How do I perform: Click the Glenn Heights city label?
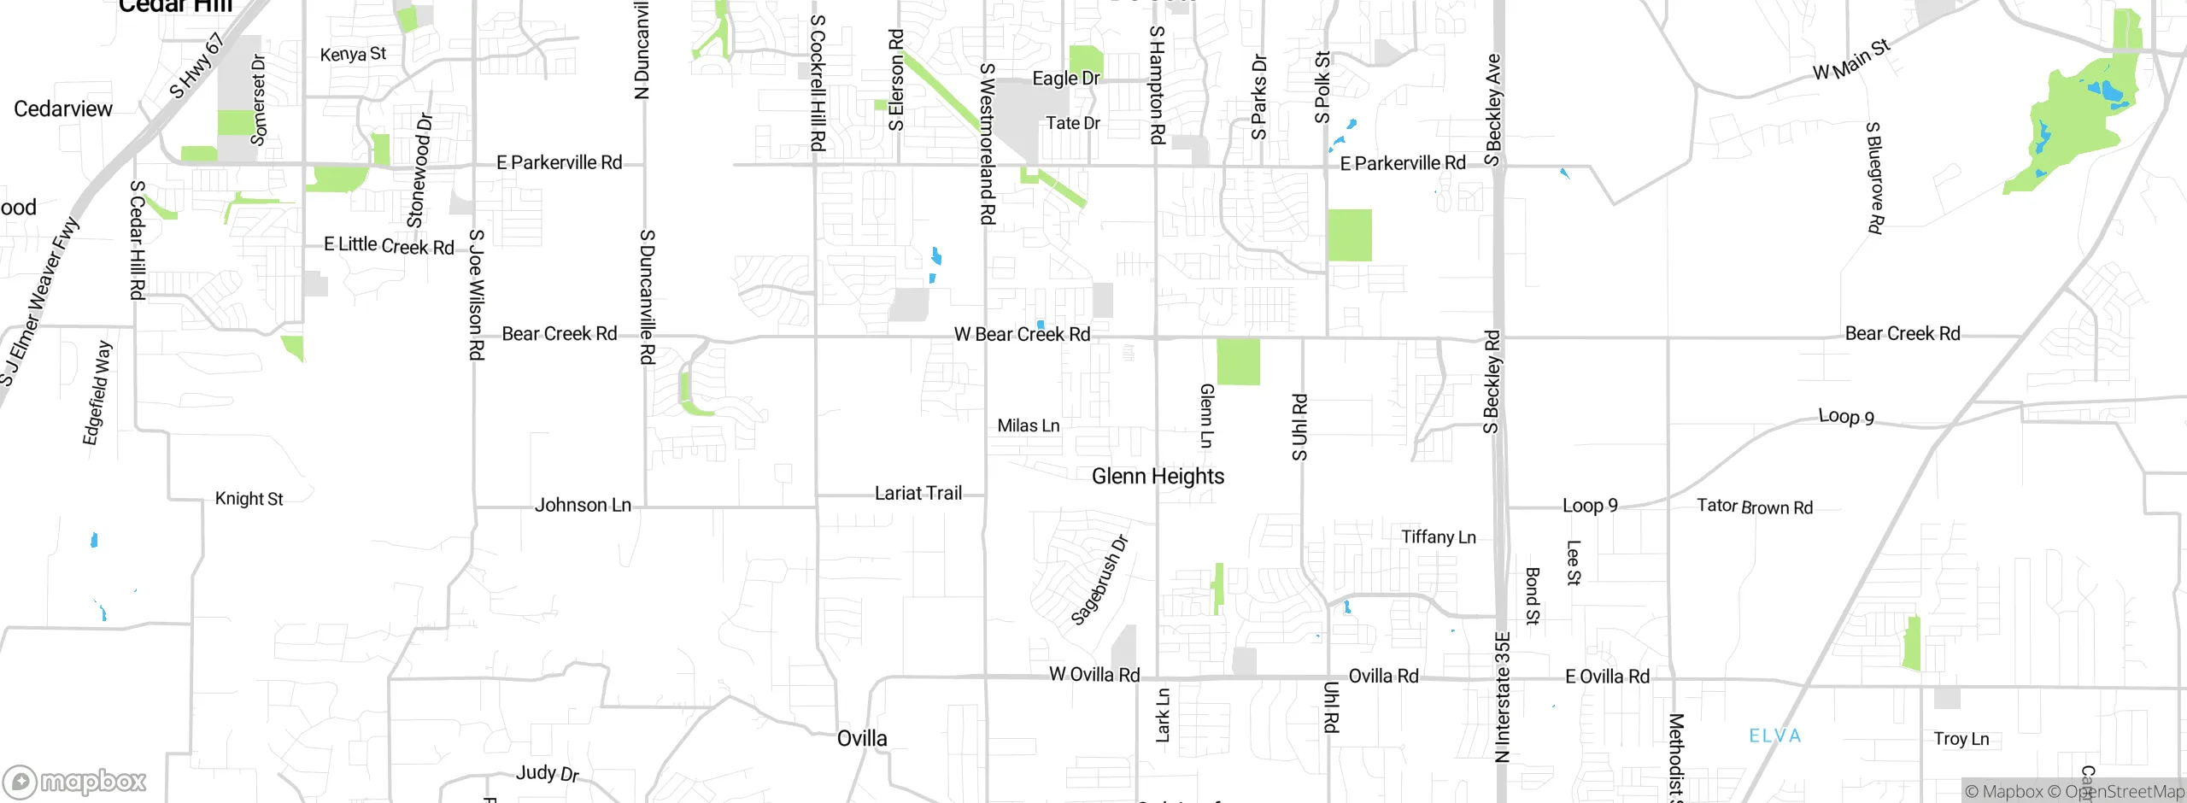[x=1158, y=477]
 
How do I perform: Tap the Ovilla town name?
[x=862, y=739]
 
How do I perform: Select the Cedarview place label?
[x=63, y=109]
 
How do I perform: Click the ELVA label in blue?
[x=1774, y=736]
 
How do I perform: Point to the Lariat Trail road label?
[x=918, y=494]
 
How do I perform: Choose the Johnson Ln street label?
[x=583, y=506]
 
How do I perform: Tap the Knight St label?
[x=249, y=499]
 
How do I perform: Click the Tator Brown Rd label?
[x=1755, y=507]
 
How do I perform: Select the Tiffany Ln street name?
[x=1439, y=537]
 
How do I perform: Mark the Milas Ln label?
[x=1029, y=426]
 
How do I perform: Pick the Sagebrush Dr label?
[x=1099, y=580]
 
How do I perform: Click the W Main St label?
[x=1851, y=60]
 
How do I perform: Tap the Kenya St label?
[x=353, y=55]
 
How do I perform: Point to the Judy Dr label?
[x=548, y=774]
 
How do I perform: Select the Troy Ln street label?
[x=1961, y=739]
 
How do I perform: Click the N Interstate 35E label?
[x=1503, y=697]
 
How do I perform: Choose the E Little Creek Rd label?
[x=389, y=246]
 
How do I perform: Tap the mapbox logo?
[x=74, y=782]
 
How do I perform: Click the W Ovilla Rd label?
[x=1094, y=675]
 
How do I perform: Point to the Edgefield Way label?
[x=97, y=393]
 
